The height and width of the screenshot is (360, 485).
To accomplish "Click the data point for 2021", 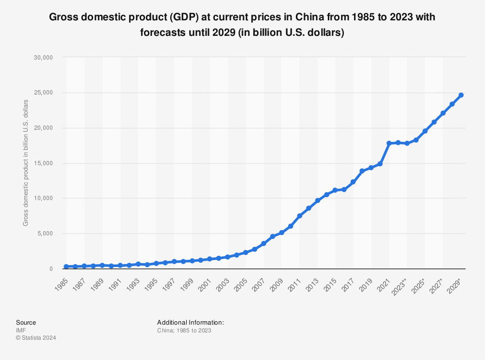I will click(x=389, y=143).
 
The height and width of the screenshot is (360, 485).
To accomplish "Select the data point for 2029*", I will click(x=461, y=95).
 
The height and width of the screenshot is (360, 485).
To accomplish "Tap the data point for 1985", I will click(x=66, y=266).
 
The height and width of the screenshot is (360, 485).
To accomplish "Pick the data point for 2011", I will click(x=299, y=216).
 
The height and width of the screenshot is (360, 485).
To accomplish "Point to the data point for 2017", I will click(x=353, y=182).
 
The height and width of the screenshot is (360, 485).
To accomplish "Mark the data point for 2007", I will click(x=263, y=243).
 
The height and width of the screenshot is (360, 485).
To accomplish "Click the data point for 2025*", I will click(x=425, y=131).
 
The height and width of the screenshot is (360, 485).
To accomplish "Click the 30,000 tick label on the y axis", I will click(x=43, y=57).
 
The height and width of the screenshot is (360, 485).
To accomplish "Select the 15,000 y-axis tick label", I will click(x=43, y=163).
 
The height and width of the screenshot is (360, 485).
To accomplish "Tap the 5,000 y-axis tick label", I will click(x=44, y=234).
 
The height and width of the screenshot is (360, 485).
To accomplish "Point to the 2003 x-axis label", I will click(x=223, y=282).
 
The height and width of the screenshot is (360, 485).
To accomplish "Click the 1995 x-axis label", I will click(x=151, y=282).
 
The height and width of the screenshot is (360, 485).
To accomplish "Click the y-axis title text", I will click(x=26, y=163).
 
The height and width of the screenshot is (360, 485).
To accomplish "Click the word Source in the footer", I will click(x=26, y=322).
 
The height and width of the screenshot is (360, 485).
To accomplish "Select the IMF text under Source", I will click(x=21, y=330).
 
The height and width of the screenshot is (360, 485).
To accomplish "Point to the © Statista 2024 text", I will click(x=36, y=338).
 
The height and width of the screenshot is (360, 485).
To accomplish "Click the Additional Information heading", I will click(x=190, y=322).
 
